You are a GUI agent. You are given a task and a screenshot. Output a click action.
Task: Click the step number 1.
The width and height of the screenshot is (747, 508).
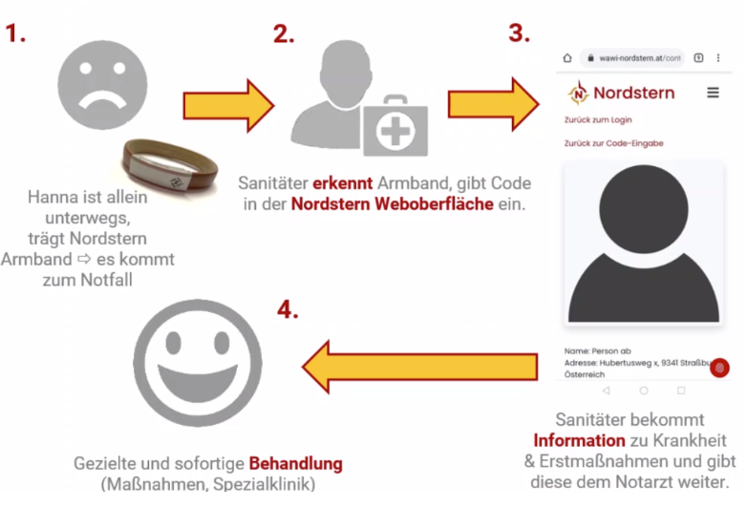(16, 33)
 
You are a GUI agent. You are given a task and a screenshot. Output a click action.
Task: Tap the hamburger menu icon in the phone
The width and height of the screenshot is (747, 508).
(713, 93)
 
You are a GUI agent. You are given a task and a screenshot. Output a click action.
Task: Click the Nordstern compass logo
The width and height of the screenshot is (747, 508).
(578, 93)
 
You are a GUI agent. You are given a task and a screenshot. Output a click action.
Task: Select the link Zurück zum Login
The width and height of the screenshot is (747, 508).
(598, 120)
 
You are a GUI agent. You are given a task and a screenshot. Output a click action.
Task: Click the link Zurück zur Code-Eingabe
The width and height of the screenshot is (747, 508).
(613, 143)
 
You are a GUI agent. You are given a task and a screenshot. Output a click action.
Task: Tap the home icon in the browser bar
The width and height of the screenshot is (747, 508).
(567, 58)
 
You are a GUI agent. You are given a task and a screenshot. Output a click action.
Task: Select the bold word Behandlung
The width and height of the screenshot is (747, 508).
(296, 464)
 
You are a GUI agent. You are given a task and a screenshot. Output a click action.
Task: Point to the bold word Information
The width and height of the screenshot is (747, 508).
(578, 440)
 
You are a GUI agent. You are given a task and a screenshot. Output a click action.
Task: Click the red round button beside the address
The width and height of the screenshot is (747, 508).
(720, 368)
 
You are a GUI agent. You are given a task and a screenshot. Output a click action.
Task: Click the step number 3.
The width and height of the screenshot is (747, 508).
(519, 33)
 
